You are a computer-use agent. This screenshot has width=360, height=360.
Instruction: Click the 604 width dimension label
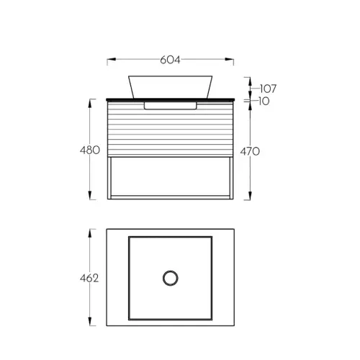click(170, 60)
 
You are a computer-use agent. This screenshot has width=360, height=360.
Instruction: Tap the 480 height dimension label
click(90, 150)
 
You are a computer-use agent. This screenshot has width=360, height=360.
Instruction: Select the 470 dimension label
click(250, 151)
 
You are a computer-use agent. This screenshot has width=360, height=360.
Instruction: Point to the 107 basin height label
click(268, 89)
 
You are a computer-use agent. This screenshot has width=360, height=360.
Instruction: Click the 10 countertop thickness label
click(264, 101)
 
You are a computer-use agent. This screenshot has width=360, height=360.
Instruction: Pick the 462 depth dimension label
click(89, 279)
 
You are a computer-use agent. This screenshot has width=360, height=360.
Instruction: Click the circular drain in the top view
click(170, 278)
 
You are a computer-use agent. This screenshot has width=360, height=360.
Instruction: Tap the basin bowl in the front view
click(170, 87)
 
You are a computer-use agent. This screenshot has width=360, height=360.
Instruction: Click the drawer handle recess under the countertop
click(170, 106)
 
